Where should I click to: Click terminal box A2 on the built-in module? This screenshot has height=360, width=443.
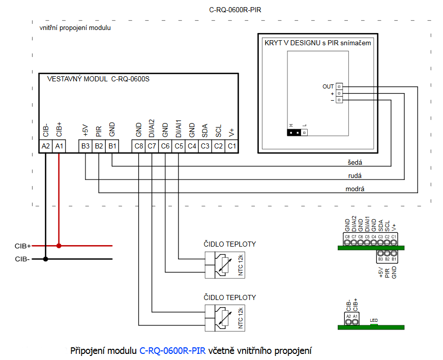tap(46, 146)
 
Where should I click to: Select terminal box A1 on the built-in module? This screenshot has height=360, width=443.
tap(59, 146)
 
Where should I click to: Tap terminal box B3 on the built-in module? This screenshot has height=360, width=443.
tap(85, 146)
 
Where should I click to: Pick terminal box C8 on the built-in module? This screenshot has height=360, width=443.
tap(139, 146)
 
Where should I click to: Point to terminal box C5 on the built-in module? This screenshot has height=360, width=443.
tap(179, 146)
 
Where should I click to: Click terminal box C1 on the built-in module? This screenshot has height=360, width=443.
tap(231, 146)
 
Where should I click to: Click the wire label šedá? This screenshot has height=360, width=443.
tap(355, 163)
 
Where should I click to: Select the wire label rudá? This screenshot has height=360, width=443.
tap(355, 176)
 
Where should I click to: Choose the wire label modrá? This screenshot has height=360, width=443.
tap(356, 189)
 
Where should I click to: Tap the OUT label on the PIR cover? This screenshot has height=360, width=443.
tap(328, 87)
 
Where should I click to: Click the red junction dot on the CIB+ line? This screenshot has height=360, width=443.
tap(59, 246)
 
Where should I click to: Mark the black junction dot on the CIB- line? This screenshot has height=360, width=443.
tap(46, 259)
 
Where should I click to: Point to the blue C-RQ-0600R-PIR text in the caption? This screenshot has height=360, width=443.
tap(172, 350)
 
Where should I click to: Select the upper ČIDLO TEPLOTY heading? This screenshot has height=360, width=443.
tap(229, 244)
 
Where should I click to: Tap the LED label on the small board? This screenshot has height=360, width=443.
tap(374, 321)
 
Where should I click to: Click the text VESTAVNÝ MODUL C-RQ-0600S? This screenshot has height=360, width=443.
tap(98, 79)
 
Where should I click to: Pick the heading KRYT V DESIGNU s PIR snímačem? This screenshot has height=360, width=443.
tap(318, 43)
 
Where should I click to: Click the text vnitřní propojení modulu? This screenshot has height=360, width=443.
tap(75, 28)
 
